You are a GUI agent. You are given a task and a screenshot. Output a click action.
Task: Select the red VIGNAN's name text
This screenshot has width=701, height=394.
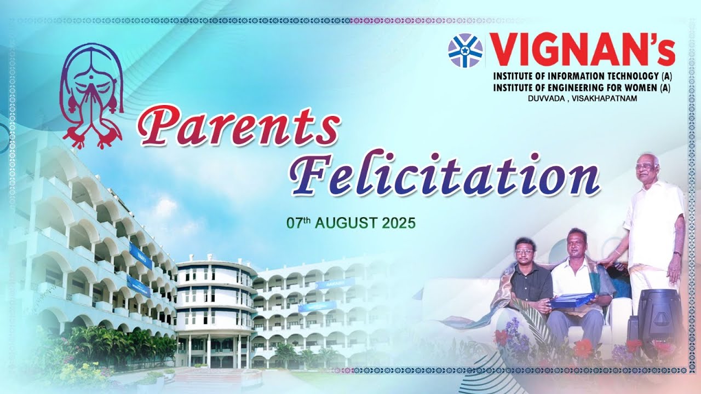[x=582, y=50]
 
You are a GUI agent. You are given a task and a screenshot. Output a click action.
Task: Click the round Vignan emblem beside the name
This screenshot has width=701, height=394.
[x=465, y=50]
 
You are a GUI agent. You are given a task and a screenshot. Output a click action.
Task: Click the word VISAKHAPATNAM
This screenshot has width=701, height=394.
[x=614, y=97]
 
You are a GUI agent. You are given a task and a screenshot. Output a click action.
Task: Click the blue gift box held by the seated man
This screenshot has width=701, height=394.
[x=572, y=299]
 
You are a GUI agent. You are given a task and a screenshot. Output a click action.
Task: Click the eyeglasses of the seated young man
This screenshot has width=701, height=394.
[x=525, y=251]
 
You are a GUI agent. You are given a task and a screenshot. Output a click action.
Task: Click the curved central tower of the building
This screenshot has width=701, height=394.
[x=214, y=306]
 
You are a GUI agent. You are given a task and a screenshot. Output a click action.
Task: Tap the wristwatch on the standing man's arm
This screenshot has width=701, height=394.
[x=677, y=254]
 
